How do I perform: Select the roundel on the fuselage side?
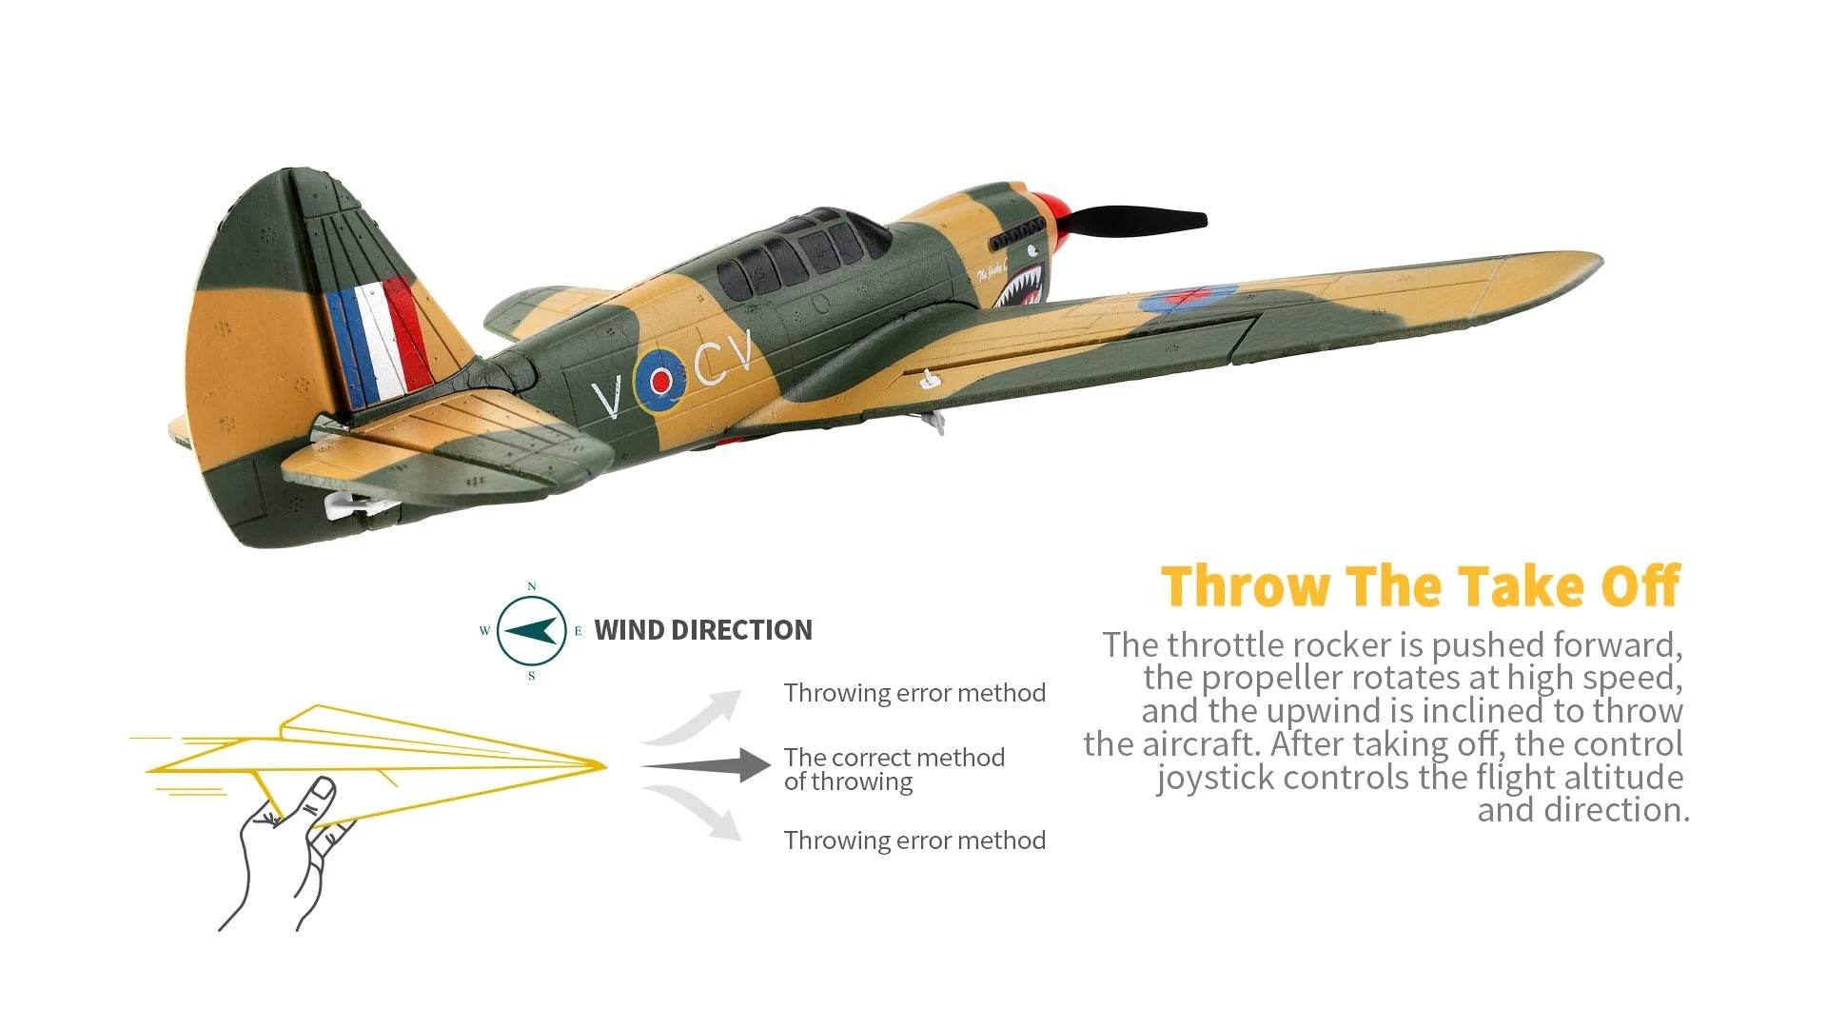[658, 380]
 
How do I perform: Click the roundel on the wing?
[1189, 298]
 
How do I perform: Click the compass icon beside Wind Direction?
[532, 630]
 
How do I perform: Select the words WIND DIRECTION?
[703, 630]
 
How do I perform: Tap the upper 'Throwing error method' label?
[914, 693]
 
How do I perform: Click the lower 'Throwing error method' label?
[914, 840]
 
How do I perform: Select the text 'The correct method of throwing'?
[894, 769]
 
